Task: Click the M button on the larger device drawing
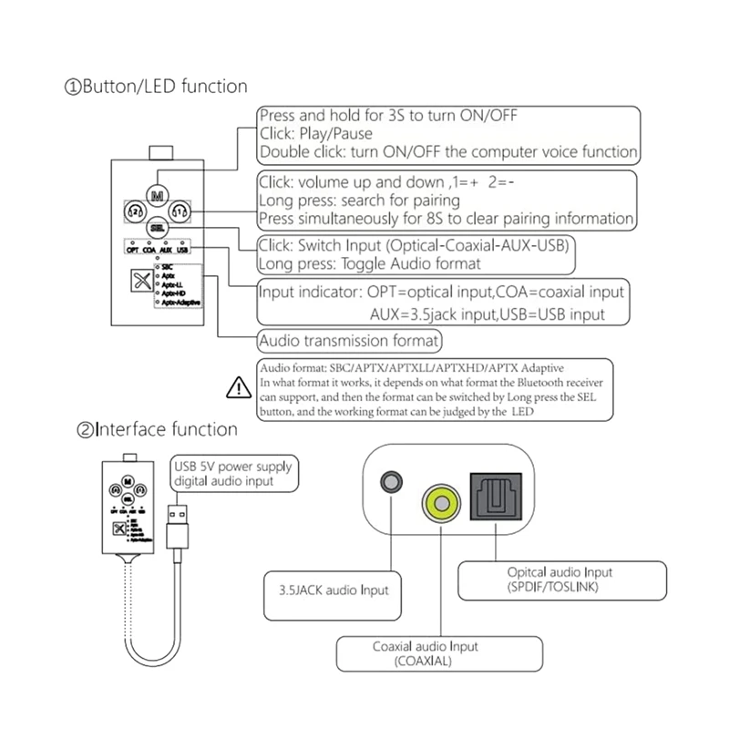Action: [x=158, y=195]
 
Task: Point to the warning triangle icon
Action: [x=234, y=388]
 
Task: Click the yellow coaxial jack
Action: [x=441, y=501]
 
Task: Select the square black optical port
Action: [x=494, y=498]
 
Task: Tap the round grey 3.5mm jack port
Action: [x=394, y=480]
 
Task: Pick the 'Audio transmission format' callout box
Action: [x=350, y=342]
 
